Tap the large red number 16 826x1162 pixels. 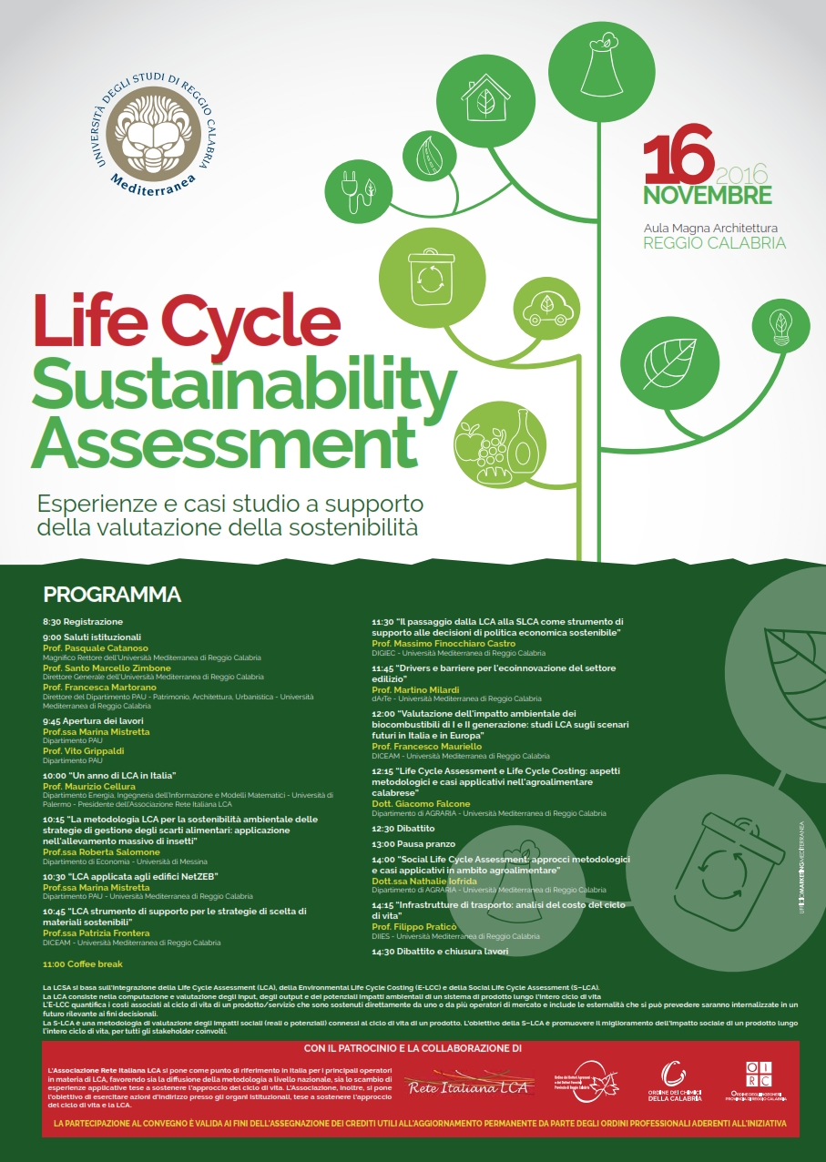tap(678, 158)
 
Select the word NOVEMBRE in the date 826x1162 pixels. tap(708, 195)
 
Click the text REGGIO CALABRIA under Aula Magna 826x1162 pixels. tap(714, 243)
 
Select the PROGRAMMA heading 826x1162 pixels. tap(112, 596)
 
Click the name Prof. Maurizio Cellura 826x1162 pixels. tap(88, 786)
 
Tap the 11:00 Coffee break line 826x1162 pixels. tap(83, 963)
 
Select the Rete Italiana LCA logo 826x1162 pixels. tap(456, 1085)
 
